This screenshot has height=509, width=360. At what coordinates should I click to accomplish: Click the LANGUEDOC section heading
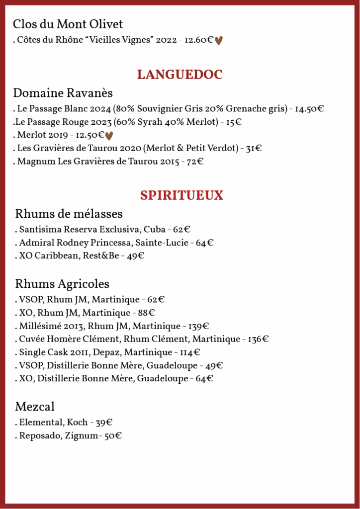pyautogui.click(x=180, y=75)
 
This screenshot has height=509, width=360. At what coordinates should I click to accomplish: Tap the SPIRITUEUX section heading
pyautogui.click(x=181, y=195)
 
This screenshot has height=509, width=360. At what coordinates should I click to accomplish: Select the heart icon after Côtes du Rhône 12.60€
pyautogui.click(x=219, y=41)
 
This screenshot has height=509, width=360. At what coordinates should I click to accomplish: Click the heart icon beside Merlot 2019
pyautogui.click(x=109, y=135)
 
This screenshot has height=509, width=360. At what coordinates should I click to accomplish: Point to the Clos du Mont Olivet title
pyautogui.click(x=68, y=24)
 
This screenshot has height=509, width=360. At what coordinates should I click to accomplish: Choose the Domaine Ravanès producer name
pyautogui.click(x=63, y=93)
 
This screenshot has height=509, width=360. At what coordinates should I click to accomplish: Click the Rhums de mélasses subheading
pyautogui.click(x=69, y=214)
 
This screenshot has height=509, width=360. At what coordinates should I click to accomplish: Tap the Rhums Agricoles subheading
pyautogui.click(x=62, y=284)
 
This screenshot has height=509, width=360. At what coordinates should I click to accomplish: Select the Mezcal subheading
pyautogui.click(x=35, y=407)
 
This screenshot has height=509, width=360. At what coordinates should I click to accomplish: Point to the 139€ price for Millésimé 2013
pyautogui.click(x=198, y=326)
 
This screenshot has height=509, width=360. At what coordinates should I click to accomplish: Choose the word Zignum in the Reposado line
pyautogui.click(x=82, y=436)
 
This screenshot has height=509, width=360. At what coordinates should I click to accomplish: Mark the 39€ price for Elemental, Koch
pyautogui.click(x=104, y=423)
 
